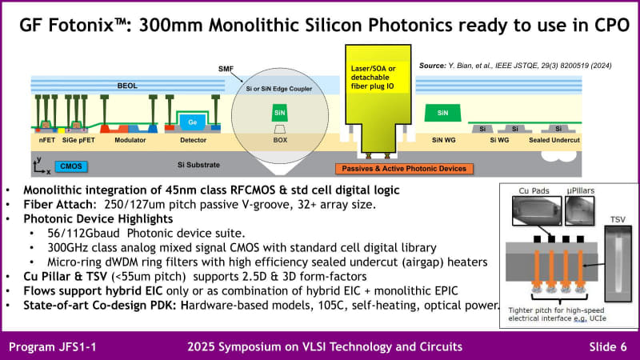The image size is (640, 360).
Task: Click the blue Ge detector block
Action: pyautogui.click(x=193, y=122)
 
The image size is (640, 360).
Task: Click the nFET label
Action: pyautogui.click(x=47, y=140)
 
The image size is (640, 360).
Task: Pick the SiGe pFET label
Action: pyautogui.click(x=85, y=140)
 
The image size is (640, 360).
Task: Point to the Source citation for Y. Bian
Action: pyautogui.click(x=523, y=66)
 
